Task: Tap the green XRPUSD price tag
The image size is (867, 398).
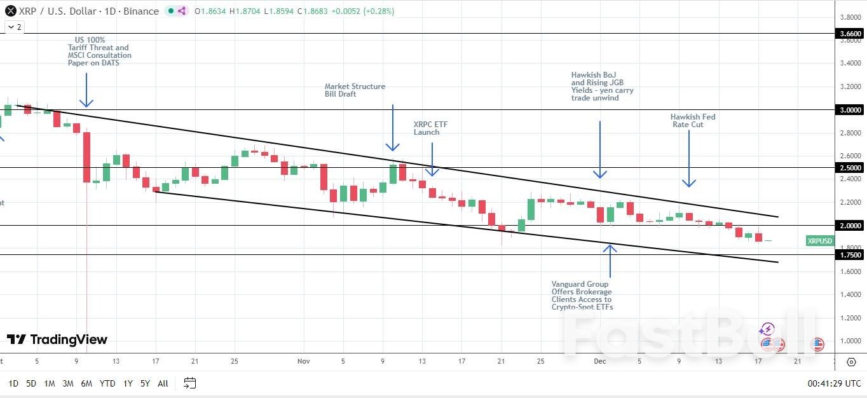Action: tap(820, 241)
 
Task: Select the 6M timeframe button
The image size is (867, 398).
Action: tap(86, 383)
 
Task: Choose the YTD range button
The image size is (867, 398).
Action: tap(107, 383)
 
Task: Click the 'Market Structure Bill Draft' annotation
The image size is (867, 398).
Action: tap(355, 90)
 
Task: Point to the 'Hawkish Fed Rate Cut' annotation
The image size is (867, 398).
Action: tap(692, 121)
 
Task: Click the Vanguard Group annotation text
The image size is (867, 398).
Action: tap(582, 296)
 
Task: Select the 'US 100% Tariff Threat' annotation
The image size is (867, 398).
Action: tap(99, 51)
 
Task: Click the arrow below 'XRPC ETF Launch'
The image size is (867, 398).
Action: tap(432, 159)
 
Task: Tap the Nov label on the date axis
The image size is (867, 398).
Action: tap(303, 361)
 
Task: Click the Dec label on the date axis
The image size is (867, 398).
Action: tap(599, 361)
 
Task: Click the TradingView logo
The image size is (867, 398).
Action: tap(57, 340)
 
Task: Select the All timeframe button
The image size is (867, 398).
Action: tap(163, 383)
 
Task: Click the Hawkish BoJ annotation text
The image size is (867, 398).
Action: tap(602, 86)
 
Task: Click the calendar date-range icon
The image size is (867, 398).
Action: tap(189, 383)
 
